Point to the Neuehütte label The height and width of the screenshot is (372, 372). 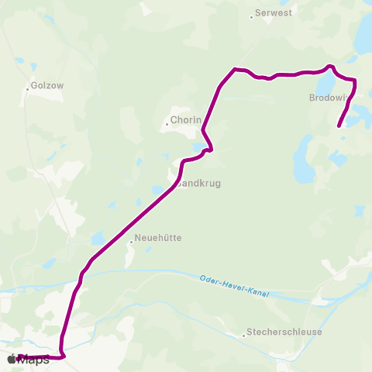tap(158, 239)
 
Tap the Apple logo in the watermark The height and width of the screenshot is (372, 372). tap(12, 359)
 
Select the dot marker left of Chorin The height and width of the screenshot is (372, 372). tap(167, 122)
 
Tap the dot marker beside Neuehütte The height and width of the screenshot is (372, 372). tap(132, 241)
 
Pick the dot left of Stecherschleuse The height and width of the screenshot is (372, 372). tap(244, 335)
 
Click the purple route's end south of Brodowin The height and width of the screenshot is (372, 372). tap(339, 126)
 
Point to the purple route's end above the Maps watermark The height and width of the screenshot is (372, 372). tap(19, 356)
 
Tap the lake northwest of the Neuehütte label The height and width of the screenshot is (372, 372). tap(98, 239)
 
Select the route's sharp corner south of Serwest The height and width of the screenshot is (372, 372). tap(234, 70)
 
